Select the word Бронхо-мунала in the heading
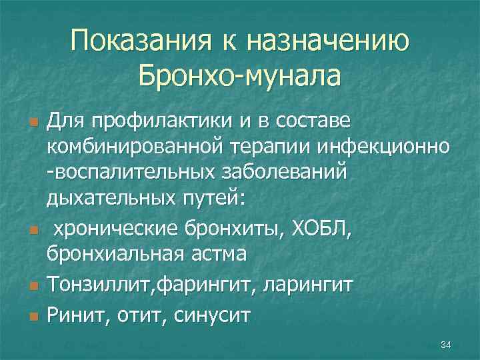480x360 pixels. coord(239,75)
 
